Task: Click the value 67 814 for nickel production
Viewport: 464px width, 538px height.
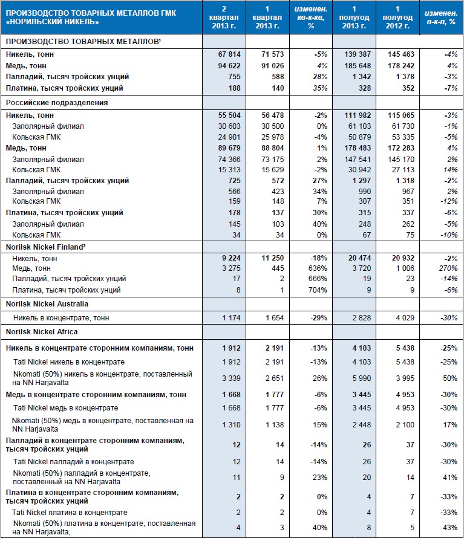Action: click(221, 55)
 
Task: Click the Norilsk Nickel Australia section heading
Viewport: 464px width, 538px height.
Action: click(47, 304)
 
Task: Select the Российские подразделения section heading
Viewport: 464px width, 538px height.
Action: click(48, 102)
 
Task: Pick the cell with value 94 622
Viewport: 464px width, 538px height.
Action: click(221, 66)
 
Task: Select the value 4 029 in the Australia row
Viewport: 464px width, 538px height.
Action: click(400, 318)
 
